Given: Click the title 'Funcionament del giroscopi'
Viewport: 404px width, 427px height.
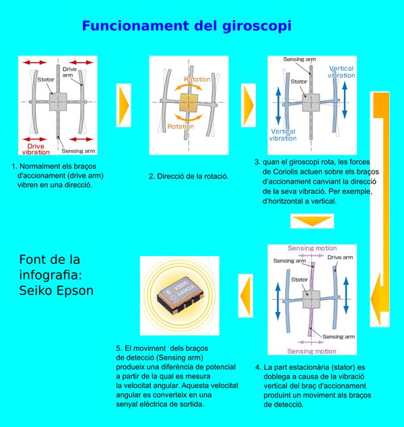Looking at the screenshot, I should click(x=187, y=26).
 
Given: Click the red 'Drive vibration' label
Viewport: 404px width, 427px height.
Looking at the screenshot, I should click(x=36, y=148).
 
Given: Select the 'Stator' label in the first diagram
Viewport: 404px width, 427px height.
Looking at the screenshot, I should click(x=46, y=80).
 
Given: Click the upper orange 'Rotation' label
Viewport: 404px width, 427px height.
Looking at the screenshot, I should click(x=197, y=79).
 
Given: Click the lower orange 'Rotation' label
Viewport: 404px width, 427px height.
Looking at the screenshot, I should click(x=181, y=126).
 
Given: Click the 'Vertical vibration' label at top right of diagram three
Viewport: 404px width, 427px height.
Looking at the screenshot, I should click(x=341, y=71).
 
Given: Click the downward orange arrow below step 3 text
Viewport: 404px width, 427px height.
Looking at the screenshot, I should click(x=311, y=221).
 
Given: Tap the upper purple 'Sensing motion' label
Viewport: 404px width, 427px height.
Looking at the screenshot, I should click(x=312, y=248).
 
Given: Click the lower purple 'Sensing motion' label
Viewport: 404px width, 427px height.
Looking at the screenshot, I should click(x=312, y=351).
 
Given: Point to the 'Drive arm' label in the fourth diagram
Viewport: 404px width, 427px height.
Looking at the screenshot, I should click(x=340, y=257).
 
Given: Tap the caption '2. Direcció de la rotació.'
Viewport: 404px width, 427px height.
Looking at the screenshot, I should click(x=189, y=176).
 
